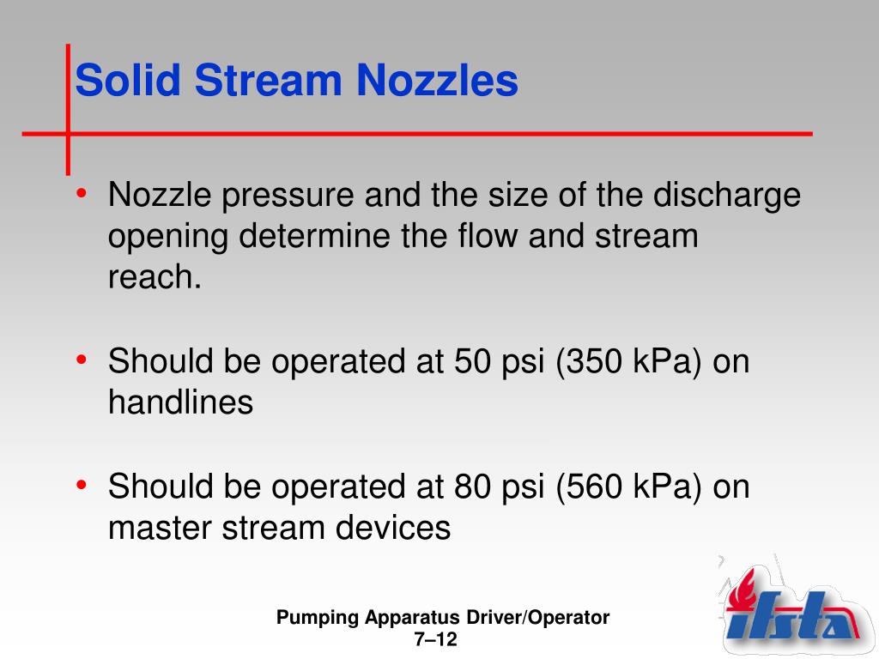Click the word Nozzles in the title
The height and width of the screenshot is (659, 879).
pyautogui.click(x=437, y=82)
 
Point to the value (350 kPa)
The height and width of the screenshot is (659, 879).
pyautogui.click(x=630, y=362)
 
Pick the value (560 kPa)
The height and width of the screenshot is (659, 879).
pyautogui.click(x=630, y=487)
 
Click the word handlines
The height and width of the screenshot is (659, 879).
pyautogui.click(x=180, y=402)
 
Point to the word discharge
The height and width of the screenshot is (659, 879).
pyautogui.click(x=727, y=196)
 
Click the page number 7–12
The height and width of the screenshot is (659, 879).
pyautogui.click(x=436, y=640)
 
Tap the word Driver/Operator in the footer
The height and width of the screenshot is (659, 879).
pyautogui.click(x=538, y=618)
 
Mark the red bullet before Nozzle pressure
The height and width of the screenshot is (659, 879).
pyautogui.click(x=81, y=194)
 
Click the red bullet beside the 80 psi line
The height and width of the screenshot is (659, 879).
pyautogui.click(x=81, y=486)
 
